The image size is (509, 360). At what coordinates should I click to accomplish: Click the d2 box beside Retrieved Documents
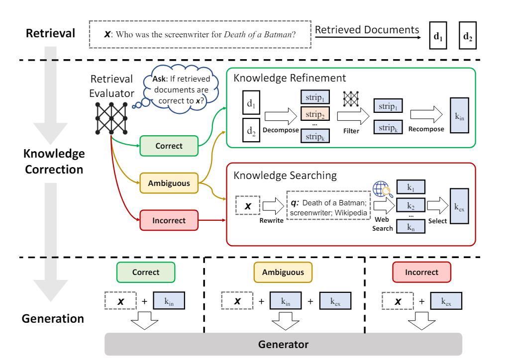point(468,36)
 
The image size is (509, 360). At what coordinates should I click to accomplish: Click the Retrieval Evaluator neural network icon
point(111,118)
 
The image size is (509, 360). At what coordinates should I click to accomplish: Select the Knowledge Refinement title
point(290,78)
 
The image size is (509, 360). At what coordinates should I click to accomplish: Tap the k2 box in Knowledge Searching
point(410,204)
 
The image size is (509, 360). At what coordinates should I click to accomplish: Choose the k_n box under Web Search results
point(410,227)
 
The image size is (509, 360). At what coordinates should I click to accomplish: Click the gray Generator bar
point(283,344)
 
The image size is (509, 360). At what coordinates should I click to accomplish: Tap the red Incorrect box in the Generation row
point(421,272)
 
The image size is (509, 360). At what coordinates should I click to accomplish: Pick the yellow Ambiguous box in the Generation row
point(283,272)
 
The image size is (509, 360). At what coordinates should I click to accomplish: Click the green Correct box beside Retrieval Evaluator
point(169,146)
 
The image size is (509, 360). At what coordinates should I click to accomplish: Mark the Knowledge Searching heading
point(285,176)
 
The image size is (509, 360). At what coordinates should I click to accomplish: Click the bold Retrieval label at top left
point(50,34)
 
